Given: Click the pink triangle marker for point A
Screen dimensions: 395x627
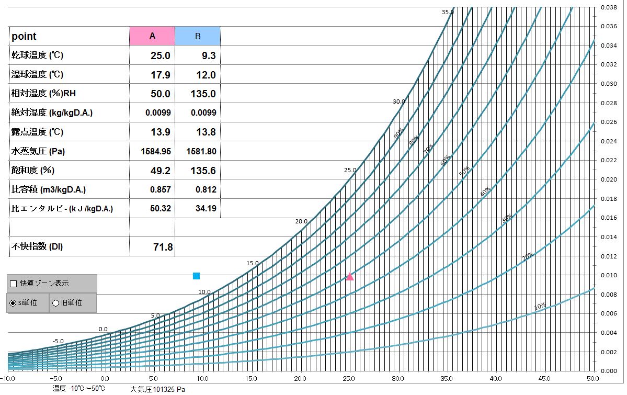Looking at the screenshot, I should coord(350,277).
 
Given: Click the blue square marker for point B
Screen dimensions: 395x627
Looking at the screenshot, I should coord(196,276).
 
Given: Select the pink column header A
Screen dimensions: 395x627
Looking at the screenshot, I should coord(152,36).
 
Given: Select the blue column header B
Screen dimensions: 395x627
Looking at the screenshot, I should coord(198,36).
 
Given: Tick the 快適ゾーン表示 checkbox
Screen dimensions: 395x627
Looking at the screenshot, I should coord(14,284).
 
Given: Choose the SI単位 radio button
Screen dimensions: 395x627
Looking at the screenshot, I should coord(13,303).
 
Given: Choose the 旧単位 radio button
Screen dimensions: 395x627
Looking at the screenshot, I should coord(56,303).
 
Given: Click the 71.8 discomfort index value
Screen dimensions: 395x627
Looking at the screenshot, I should coord(162,247).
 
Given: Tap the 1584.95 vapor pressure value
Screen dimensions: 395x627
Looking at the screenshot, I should coord(156,151).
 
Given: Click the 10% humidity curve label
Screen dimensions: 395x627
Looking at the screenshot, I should coord(541,306).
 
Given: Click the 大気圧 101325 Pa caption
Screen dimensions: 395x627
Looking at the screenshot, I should coord(157,389).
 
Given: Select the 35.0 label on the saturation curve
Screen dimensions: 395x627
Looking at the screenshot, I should coord(447,12).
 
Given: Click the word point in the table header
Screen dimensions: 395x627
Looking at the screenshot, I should coord(24,36).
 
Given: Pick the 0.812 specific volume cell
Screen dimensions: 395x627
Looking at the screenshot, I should coord(206,189).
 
